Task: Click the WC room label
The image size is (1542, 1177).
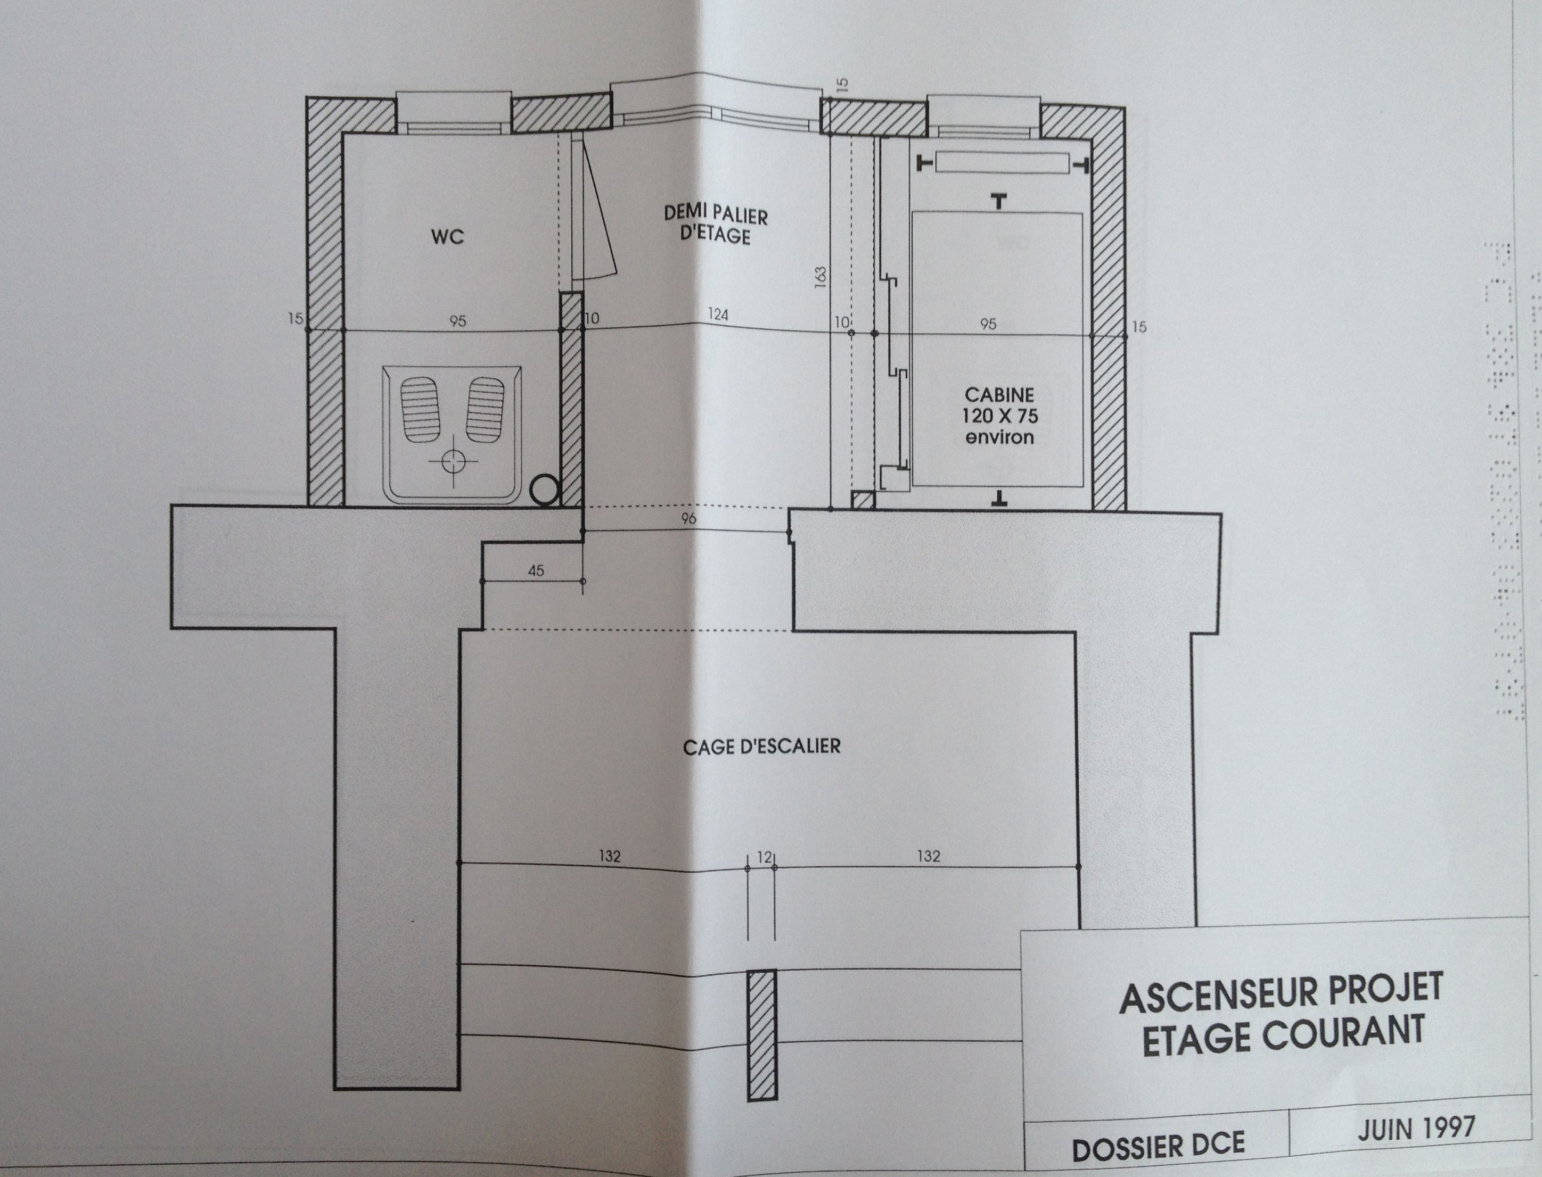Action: point(447,237)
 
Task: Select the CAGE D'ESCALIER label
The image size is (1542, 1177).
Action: point(762,746)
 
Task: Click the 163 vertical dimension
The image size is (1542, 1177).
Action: point(821,277)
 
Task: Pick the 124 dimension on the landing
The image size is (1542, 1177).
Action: point(718,314)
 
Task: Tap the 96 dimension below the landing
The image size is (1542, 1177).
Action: point(688,518)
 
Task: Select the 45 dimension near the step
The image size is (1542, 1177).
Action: point(536,571)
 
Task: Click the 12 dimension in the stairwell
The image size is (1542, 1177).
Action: point(764,857)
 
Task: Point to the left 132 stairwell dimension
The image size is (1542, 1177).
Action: point(609,856)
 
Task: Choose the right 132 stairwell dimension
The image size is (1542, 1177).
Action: point(929,856)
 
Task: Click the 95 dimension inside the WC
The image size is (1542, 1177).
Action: point(458,321)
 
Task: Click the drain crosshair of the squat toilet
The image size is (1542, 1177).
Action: point(452,461)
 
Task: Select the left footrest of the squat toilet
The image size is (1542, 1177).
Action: point(419,409)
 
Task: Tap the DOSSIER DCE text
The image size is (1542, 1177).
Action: point(1158,1146)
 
